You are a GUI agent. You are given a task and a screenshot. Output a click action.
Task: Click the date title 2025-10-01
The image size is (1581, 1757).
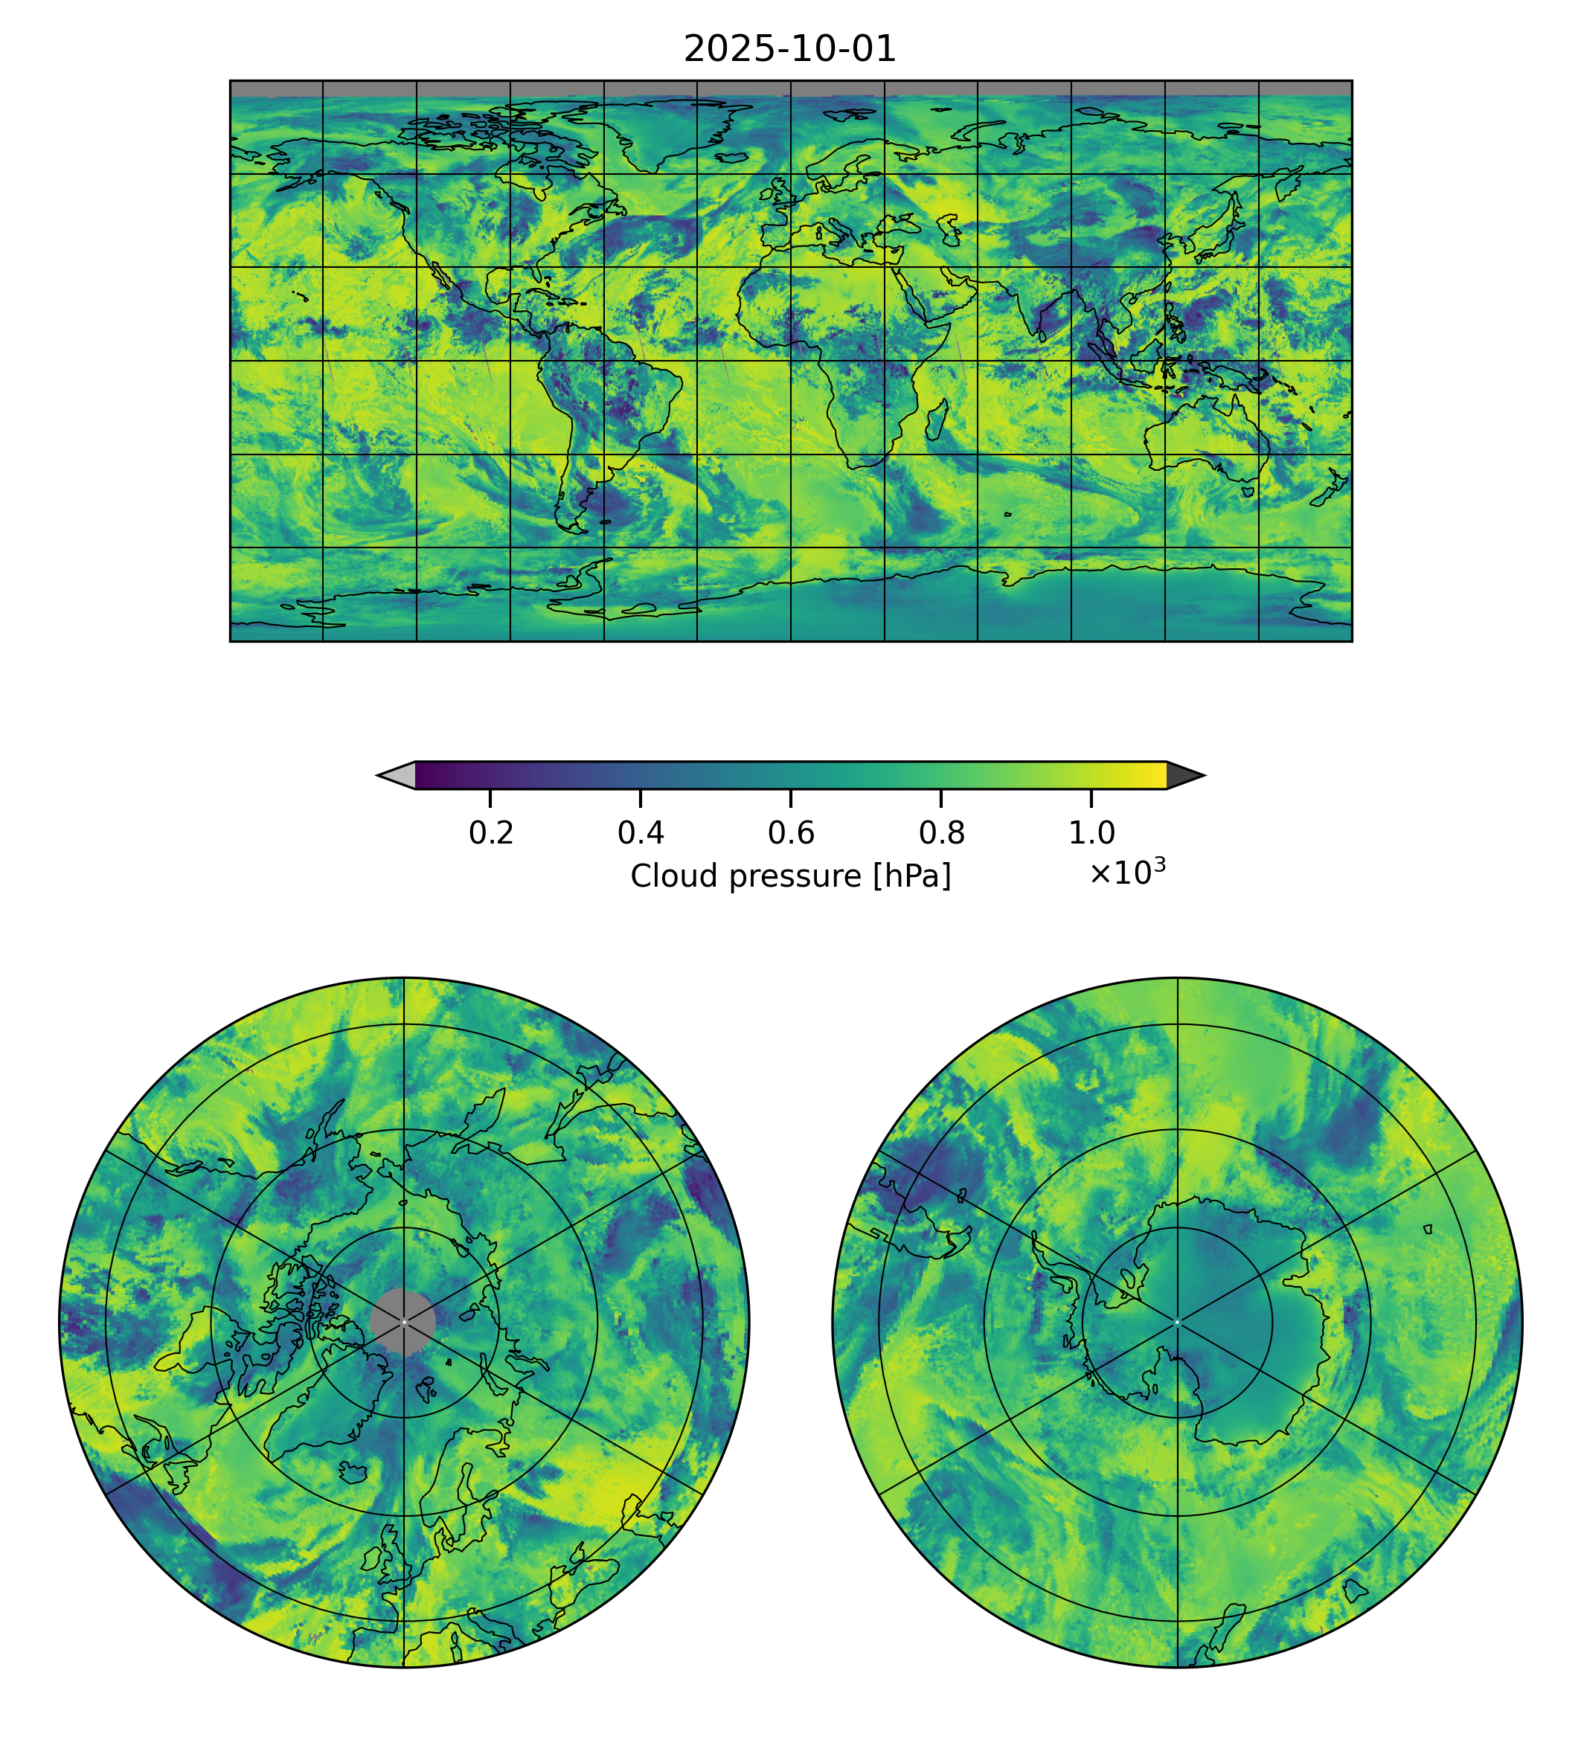pos(789,50)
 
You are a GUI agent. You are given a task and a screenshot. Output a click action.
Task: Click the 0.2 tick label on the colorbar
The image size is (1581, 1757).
pos(491,833)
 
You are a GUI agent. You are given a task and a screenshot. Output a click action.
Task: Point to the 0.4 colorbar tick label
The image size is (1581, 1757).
pos(641,833)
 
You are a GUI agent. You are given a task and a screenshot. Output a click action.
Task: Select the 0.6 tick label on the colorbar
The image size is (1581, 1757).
pos(790,833)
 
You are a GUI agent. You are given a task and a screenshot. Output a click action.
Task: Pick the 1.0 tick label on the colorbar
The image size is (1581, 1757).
pos(1091,833)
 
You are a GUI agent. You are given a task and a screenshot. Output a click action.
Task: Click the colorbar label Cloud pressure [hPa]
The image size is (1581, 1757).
pos(790,876)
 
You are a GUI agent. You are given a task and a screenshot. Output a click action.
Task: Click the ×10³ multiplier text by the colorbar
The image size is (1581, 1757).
pos(1126,873)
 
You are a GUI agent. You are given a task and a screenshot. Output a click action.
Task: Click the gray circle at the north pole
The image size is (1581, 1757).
pos(403,1322)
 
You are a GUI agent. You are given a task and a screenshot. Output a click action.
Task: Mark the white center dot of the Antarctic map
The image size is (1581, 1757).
pos(1177,1322)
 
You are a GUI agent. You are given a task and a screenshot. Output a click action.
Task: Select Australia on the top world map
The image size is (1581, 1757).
pos(1208,439)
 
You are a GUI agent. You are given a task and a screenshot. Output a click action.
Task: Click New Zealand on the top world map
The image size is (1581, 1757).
pos(1329,492)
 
